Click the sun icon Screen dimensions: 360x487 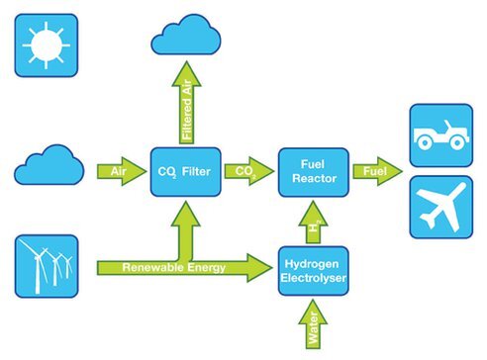45,46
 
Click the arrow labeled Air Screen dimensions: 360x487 118,172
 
